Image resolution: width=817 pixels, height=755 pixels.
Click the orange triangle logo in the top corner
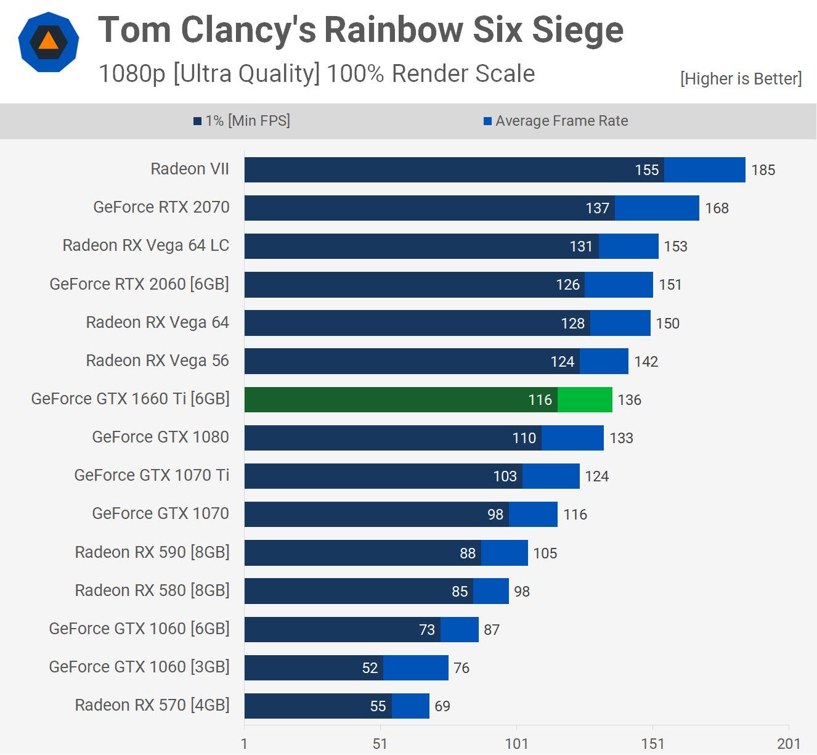pos(49,42)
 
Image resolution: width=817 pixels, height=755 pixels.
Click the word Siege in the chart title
pos(577,30)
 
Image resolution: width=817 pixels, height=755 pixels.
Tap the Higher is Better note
pos(741,79)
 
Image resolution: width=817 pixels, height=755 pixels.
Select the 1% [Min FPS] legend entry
pos(242,121)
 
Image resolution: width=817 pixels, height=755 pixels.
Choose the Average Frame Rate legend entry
pos(556,121)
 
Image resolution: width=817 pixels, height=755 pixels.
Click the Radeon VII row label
pos(190,169)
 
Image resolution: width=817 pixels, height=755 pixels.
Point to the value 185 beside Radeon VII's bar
pos(763,170)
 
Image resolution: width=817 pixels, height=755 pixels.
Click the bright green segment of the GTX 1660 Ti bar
pos(585,400)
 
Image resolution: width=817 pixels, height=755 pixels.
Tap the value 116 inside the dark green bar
pos(540,400)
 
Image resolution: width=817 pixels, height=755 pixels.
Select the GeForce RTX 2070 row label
pos(161,207)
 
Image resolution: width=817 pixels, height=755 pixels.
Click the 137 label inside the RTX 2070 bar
pos(597,208)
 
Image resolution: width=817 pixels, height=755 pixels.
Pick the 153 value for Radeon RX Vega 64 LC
pos(675,247)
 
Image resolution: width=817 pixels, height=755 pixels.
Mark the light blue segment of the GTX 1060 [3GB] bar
pos(416,668)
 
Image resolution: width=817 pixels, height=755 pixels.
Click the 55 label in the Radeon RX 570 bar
pos(378,706)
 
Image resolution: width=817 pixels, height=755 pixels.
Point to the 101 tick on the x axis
pos(516,743)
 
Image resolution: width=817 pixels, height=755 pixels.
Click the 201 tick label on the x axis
pos(789,743)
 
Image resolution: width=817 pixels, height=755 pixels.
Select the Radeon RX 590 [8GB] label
pos(152,552)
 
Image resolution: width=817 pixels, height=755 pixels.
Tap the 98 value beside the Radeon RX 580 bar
pos(522,592)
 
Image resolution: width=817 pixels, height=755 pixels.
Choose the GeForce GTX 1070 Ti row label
pos(152,475)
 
